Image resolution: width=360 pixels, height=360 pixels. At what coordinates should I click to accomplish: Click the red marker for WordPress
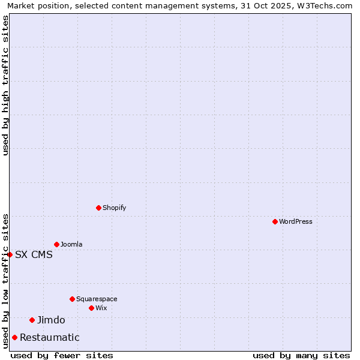coord(275,221)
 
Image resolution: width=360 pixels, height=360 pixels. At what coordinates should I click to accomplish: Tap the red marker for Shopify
coord(98,208)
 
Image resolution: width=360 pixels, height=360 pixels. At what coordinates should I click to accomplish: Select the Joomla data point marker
coord(56,244)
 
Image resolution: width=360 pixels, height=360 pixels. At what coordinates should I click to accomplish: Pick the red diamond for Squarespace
coord(72,299)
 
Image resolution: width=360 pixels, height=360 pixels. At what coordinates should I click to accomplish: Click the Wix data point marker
coord(91,308)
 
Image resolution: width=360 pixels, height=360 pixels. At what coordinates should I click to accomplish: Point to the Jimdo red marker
coord(32,320)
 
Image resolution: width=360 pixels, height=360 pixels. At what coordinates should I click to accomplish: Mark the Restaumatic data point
coord(14,337)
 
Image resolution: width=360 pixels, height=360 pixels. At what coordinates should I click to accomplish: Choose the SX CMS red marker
coord(10,254)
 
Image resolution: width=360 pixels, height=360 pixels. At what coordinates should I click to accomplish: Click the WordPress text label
coord(296,221)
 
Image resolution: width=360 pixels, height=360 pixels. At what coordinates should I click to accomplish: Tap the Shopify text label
coord(115,208)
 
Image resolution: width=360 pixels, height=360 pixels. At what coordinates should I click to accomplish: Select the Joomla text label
coord(71,244)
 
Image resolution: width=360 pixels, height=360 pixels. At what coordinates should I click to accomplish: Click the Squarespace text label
coord(97,299)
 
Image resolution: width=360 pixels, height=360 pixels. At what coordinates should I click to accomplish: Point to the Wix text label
coord(101,308)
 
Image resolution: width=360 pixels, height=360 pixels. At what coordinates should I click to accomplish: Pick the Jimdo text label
coord(51,320)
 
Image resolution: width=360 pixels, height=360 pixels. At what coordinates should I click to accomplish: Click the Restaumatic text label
coord(50,337)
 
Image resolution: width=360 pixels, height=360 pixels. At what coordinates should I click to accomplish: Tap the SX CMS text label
coord(34,254)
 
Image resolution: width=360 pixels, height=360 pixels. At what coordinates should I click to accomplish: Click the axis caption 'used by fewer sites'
coord(62,355)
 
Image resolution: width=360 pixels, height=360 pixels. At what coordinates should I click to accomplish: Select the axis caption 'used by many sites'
coord(301,355)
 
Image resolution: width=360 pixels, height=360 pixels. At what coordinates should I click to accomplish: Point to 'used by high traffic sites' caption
coord(5,85)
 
